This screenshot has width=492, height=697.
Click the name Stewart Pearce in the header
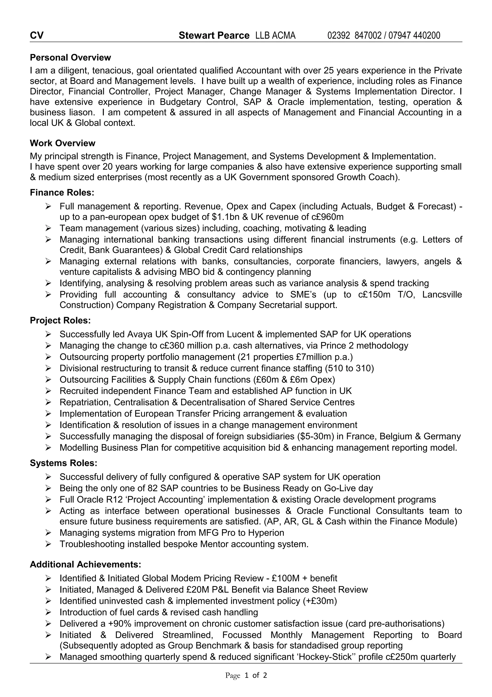point(214,36)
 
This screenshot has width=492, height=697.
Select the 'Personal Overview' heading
point(70,57)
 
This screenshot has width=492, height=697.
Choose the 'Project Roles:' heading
point(60,320)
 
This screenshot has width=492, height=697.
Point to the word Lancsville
point(442,294)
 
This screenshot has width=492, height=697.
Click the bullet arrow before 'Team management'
point(48,228)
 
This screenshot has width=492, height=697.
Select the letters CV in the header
point(37,36)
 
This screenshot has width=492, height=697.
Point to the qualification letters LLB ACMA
point(275,36)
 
